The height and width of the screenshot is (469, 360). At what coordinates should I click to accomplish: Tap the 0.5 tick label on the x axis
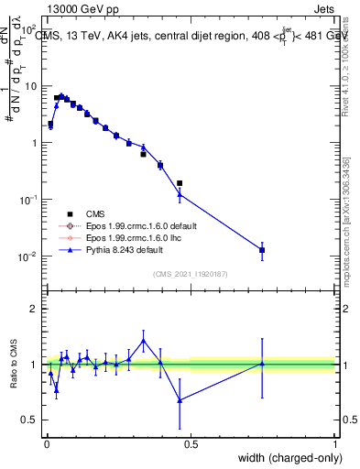pos(191,444)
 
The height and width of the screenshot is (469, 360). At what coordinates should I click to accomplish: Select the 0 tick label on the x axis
pos(47,444)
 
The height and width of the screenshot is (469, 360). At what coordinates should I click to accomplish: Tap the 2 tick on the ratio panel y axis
pos(35,309)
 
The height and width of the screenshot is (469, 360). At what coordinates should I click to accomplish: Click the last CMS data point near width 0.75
pos(262,250)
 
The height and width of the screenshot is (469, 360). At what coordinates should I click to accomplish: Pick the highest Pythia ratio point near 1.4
pos(143,341)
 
